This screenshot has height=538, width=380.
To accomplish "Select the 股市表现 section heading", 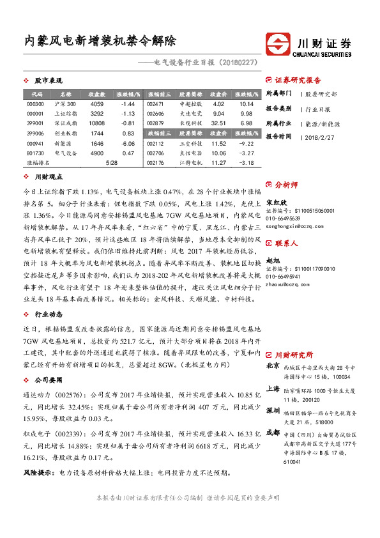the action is click(x=48, y=81).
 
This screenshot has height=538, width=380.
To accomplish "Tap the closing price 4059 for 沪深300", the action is click(x=97, y=104).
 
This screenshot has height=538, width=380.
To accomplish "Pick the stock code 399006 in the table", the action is click(x=36, y=133).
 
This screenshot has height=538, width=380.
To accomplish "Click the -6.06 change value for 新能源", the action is click(x=128, y=144).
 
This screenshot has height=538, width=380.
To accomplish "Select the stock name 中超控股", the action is click(x=190, y=104).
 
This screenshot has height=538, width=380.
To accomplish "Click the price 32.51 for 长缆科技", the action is click(x=218, y=123).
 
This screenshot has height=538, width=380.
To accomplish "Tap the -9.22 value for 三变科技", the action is click(x=247, y=144).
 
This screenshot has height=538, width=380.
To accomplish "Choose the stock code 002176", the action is click(x=155, y=164).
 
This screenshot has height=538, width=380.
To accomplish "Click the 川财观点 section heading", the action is click(x=48, y=176).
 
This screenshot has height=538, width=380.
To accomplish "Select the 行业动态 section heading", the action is click(x=48, y=315).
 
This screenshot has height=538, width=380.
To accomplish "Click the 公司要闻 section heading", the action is click(x=48, y=380).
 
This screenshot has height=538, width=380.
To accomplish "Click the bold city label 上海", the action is click(x=272, y=389).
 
